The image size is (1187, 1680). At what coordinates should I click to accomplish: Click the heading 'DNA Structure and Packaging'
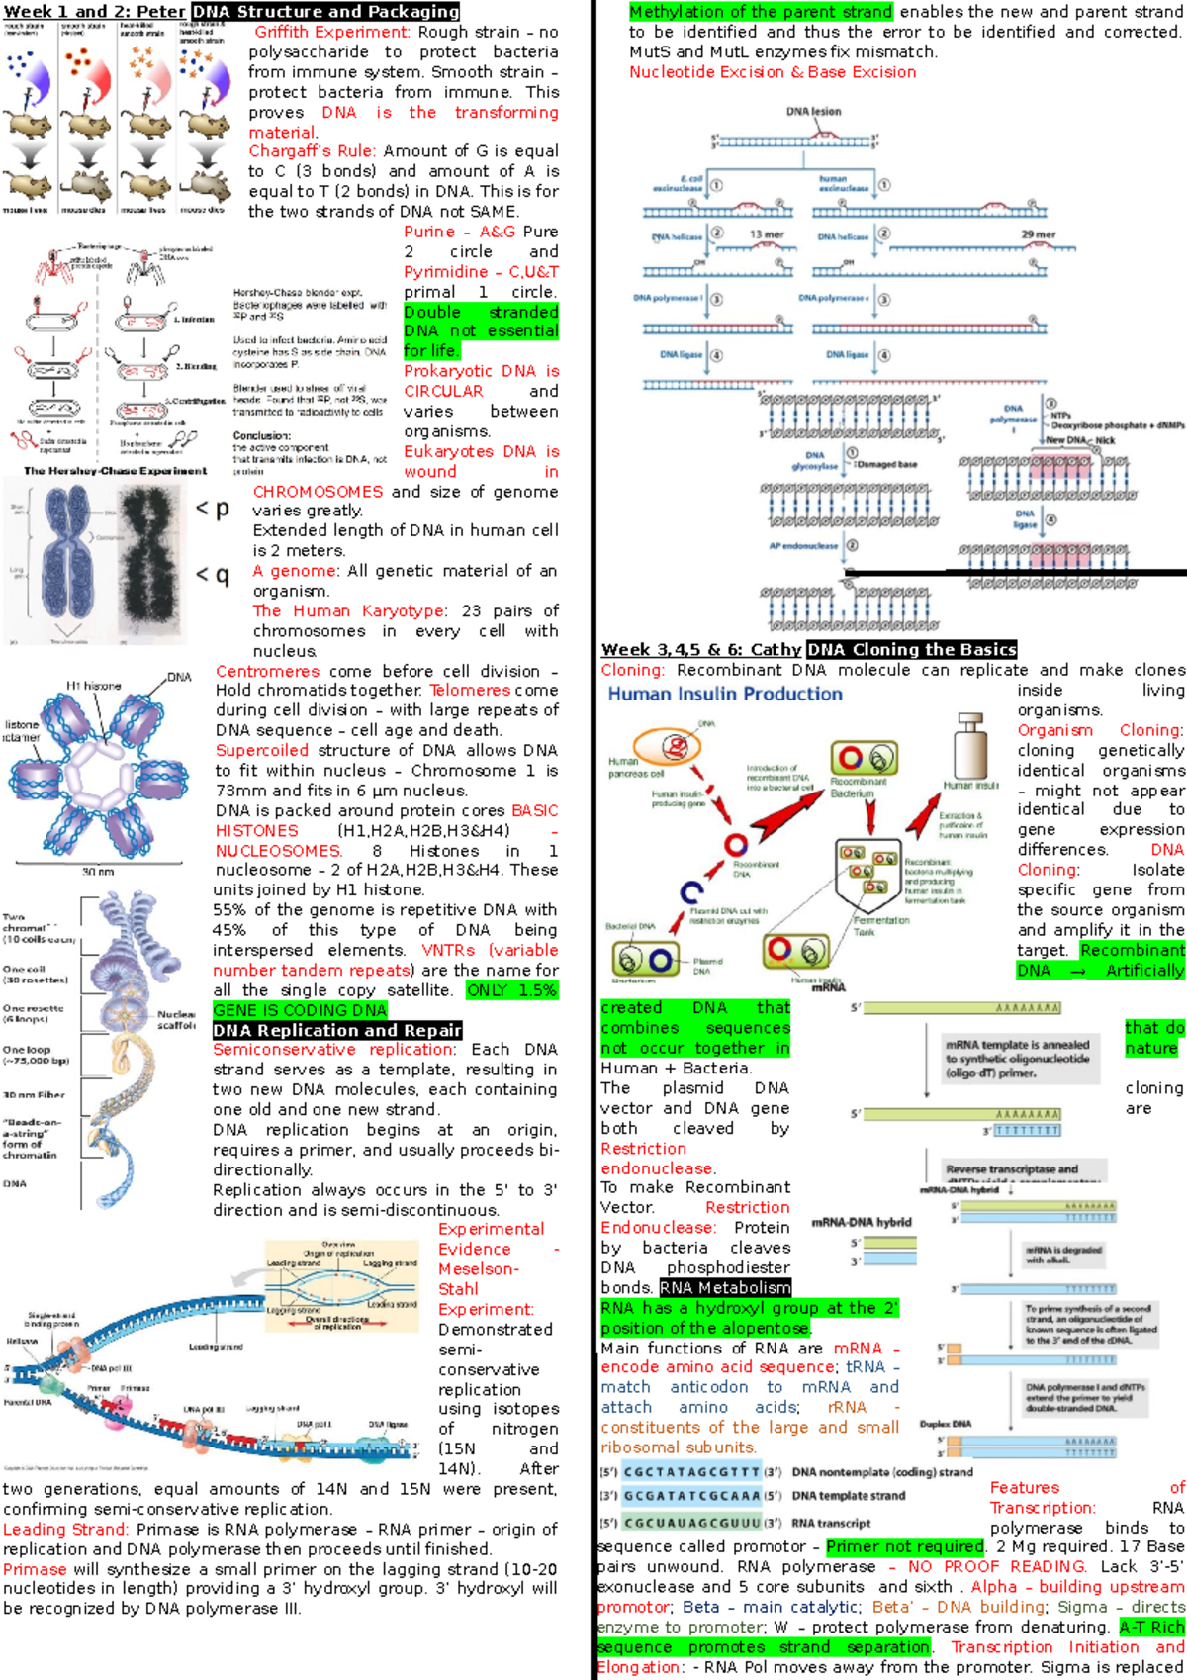pos(325,12)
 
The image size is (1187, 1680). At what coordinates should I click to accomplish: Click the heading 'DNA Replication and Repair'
pos(337,1030)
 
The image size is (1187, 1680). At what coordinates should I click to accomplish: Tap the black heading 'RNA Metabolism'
pos(725,1287)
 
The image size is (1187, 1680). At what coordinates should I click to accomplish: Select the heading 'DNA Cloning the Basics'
pos(911,649)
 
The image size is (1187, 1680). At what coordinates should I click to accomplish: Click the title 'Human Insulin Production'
pos(725,694)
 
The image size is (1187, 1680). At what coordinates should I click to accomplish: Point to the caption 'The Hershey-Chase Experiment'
pos(115,471)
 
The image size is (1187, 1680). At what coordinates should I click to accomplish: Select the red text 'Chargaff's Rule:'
pos(312,151)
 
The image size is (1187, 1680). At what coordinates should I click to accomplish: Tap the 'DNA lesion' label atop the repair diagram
pos(813,112)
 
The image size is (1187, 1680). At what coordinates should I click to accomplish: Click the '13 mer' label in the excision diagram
pos(767,234)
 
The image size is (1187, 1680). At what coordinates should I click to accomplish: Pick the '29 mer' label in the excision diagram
pos(1039,234)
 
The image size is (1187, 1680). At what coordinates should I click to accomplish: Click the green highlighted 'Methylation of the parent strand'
pos(761,12)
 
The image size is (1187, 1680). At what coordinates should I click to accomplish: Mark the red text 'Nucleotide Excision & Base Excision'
pos(773,72)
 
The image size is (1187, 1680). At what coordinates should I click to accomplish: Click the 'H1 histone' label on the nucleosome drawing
pos(93,686)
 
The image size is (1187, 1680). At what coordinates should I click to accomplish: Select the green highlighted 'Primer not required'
pos(905,1546)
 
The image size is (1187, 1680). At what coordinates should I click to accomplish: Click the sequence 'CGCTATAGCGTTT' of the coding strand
pos(691,1472)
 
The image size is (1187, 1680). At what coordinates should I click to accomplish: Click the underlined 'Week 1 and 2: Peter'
pos(94,12)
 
